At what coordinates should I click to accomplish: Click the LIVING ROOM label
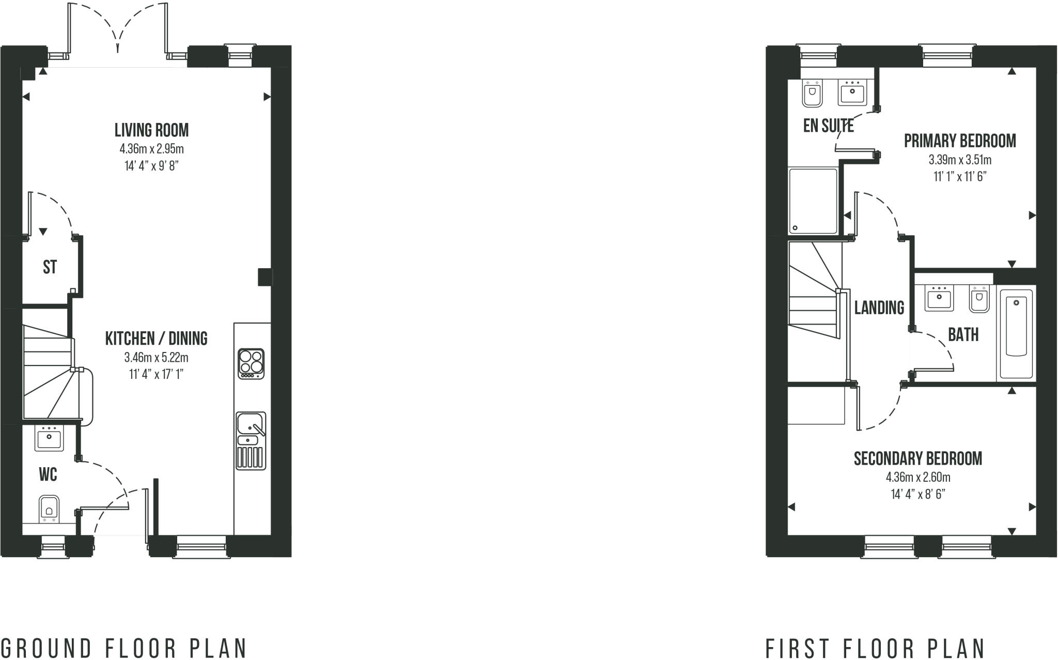click(151, 130)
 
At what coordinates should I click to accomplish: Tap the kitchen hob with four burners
click(251, 364)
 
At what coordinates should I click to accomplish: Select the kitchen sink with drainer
click(251, 440)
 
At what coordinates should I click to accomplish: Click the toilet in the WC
click(49, 508)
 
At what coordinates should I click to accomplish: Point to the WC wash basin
click(49, 438)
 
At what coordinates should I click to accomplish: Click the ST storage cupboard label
click(50, 267)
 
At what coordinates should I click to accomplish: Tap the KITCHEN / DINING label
click(156, 339)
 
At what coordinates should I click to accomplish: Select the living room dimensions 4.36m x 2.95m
click(151, 149)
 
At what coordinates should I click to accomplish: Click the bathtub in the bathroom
click(1016, 334)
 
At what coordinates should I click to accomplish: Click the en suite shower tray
click(813, 201)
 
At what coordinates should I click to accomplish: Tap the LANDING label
click(879, 308)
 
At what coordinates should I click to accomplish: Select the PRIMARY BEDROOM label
click(959, 141)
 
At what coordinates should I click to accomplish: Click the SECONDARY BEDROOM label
click(917, 459)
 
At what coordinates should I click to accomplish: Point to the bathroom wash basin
click(939, 299)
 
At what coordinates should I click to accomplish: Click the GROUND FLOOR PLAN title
click(124, 648)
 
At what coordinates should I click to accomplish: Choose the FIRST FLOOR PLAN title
click(875, 648)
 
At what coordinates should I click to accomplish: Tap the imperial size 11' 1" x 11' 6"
click(959, 177)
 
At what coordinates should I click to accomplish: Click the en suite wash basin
click(852, 94)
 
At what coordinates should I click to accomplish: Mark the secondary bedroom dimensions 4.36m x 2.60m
click(917, 477)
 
